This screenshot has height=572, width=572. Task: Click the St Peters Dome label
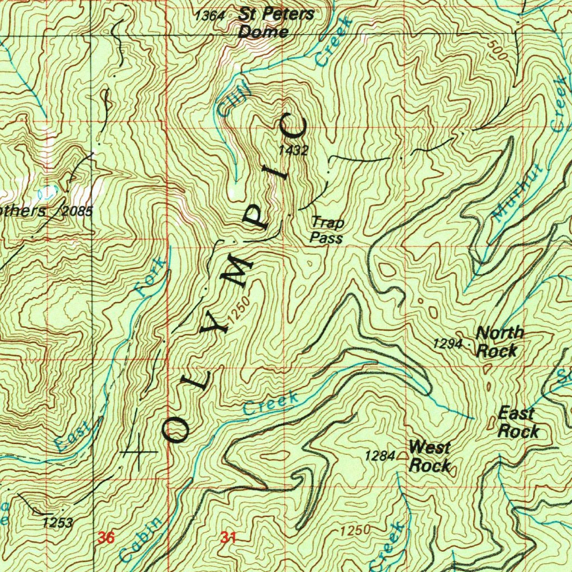pyautogui.click(x=275, y=23)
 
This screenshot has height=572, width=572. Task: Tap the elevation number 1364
pyautogui.click(x=210, y=16)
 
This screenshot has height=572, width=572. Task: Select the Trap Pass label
pyautogui.click(x=327, y=231)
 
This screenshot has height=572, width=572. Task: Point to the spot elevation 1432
pyautogui.click(x=293, y=150)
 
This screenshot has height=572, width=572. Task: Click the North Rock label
pyautogui.click(x=499, y=342)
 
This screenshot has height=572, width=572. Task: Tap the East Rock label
pyautogui.click(x=518, y=422)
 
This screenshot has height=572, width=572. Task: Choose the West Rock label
pyautogui.click(x=430, y=456)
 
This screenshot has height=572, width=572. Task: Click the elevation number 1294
pyautogui.click(x=447, y=344)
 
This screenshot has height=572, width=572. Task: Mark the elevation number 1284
pyautogui.click(x=380, y=456)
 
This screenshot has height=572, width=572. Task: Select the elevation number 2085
pyautogui.click(x=77, y=211)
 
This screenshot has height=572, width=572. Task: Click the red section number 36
pyautogui.click(x=106, y=538)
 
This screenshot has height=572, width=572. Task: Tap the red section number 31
pyautogui.click(x=228, y=538)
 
